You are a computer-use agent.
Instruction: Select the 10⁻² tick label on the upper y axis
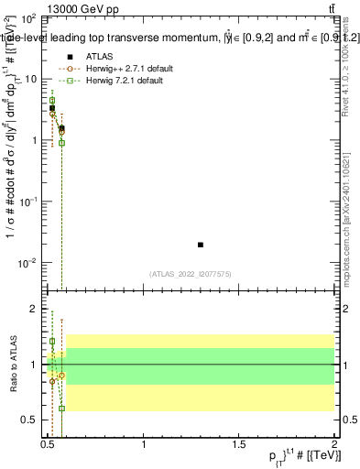point(29,263)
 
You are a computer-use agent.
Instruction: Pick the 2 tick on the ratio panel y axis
point(34,310)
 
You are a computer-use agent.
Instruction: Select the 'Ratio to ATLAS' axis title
point(11,365)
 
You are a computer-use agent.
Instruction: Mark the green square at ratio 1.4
point(52,342)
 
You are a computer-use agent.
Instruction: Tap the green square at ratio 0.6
point(61,409)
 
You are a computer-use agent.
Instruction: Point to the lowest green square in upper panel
point(61,143)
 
